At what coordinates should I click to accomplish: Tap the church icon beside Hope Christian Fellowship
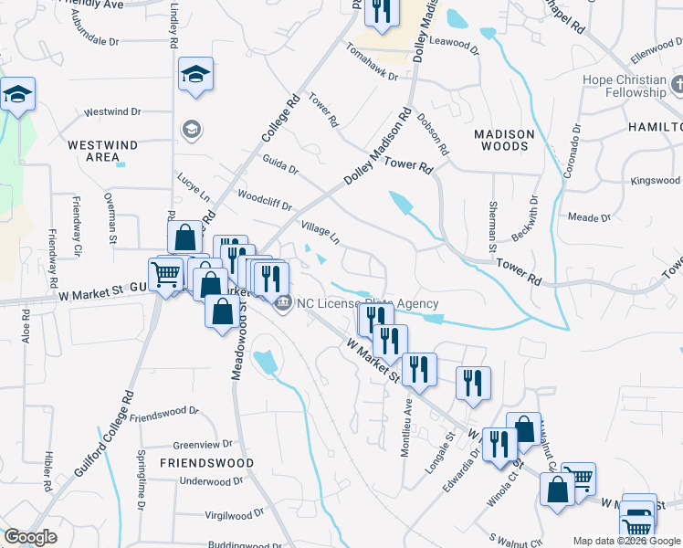[677, 86]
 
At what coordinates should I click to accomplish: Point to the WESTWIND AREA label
[102, 151]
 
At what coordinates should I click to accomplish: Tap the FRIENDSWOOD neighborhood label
[206, 463]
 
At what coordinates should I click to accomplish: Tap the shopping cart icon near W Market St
[165, 273]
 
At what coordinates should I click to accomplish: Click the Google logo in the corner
[30, 537]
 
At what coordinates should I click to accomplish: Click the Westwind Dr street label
[112, 112]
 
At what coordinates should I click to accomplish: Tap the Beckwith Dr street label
[525, 220]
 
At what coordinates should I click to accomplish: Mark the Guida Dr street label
[280, 168]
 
